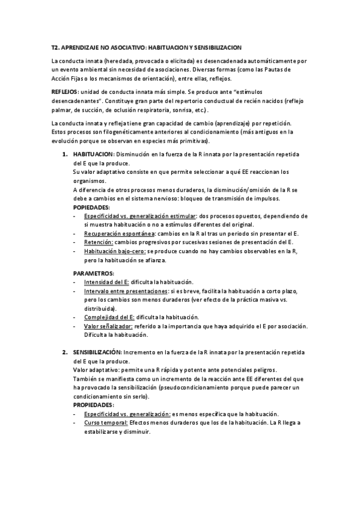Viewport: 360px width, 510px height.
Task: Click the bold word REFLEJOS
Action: (66, 90)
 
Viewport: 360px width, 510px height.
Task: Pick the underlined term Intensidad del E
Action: (106, 281)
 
